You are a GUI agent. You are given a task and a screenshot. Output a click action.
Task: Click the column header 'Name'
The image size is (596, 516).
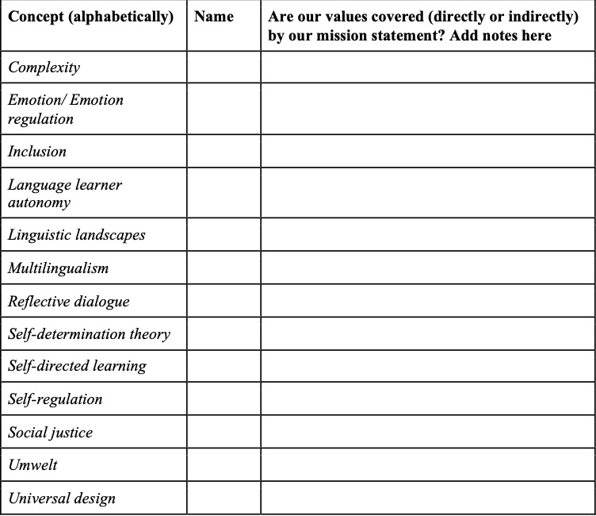pos(213,17)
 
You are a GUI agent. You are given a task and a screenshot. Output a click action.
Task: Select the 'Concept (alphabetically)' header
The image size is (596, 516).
pos(90,17)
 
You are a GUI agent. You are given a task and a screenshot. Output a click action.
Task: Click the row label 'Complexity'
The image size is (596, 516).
pos(44,67)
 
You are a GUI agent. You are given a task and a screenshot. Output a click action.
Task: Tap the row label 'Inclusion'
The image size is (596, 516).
pos(37,152)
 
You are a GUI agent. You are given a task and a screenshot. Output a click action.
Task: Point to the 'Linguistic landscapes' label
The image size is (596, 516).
pos(77,235)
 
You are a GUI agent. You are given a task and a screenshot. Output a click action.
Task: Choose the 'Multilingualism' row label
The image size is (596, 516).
pos(59,268)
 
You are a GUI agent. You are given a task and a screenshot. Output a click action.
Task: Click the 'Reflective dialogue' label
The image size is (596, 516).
pos(69,302)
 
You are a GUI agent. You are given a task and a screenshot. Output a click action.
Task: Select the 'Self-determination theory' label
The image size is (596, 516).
pos(89,334)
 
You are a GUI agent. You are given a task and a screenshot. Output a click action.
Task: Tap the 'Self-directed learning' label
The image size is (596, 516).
pos(77,367)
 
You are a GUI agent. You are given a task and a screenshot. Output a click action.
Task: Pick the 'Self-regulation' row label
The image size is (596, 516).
pos(55,399)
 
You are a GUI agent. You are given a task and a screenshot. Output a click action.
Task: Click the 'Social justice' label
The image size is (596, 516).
pos(50,433)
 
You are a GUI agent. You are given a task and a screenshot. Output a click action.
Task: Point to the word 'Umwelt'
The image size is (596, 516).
pos(33,466)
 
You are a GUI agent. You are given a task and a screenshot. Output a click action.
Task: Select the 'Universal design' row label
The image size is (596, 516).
pos(62,499)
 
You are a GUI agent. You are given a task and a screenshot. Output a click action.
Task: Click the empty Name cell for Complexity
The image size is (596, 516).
pos(223,67)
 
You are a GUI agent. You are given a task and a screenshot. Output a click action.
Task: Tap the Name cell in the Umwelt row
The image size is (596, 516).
pos(223,466)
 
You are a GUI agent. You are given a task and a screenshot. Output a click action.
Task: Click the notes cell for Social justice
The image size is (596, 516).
pos(427,433)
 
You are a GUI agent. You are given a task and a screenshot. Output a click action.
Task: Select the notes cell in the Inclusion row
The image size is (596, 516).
pos(427,152)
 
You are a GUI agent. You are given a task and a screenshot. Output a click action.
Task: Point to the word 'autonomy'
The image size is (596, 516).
pos(40,202)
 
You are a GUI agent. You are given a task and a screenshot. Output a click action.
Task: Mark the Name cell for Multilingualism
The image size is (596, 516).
pos(223,268)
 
